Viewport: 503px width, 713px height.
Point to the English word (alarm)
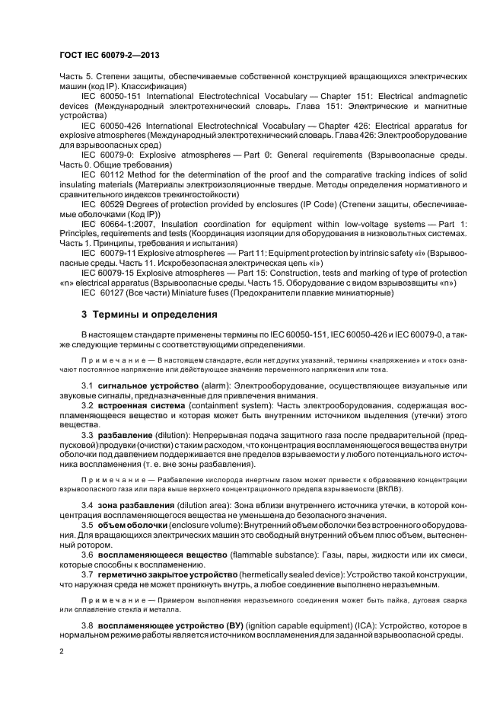point(215,387)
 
